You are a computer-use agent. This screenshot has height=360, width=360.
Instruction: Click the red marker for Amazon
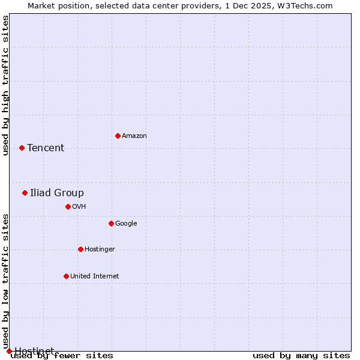[118, 136]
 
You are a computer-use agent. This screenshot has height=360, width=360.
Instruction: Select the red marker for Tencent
[22, 148]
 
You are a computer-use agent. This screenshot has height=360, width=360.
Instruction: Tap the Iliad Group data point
[25, 193]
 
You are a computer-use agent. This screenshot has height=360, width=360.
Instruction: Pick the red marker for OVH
[68, 206]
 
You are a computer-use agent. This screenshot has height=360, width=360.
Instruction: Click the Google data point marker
[111, 223]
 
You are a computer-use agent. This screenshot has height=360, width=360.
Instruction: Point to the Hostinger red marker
[80, 249]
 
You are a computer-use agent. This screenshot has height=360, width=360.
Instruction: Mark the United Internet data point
[66, 276]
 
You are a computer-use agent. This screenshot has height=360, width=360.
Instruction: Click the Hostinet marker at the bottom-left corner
[9, 351]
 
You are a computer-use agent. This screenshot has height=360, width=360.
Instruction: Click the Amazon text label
[134, 136]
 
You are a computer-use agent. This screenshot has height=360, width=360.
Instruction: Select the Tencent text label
[46, 148]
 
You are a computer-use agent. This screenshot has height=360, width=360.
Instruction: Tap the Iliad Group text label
[57, 193]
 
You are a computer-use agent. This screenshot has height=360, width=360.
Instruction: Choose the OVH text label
[79, 207]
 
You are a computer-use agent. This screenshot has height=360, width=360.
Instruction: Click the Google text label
[126, 224]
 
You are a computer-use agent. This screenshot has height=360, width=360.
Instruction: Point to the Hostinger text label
[100, 250]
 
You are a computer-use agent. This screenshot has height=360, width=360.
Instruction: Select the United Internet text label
[95, 277]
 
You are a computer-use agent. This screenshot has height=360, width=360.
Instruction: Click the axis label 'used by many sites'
[301, 355]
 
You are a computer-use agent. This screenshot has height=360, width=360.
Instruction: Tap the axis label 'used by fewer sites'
[62, 355]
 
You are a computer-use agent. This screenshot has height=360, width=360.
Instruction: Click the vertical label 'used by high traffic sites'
[5, 85]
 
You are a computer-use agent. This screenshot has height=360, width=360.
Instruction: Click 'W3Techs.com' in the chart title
[308, 5]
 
